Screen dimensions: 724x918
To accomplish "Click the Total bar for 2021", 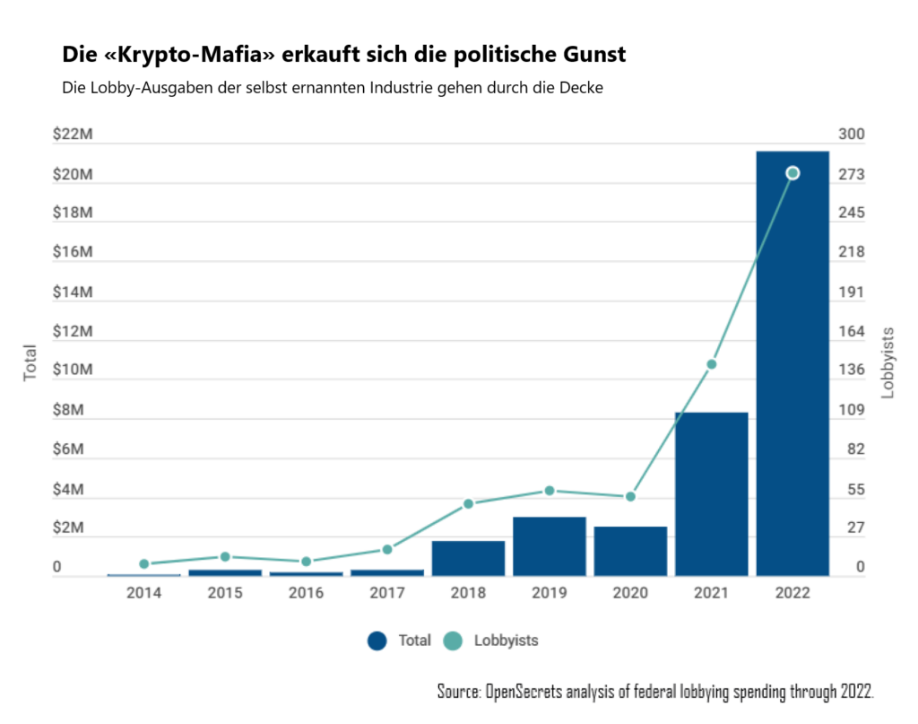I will (x=711, y=493).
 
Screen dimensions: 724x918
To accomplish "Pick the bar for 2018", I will (x=468, y=557).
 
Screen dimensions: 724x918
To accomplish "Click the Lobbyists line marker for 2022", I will (x=792, y=173).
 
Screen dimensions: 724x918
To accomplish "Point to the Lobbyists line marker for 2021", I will (x=711, y=364).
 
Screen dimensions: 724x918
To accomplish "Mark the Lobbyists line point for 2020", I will (x=630, y=496).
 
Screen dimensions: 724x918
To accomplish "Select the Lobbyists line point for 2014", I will (x=143, y=563).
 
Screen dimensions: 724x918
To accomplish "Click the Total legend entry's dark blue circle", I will (x=377, y=641).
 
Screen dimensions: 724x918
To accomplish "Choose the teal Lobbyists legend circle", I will (x=453, y=641).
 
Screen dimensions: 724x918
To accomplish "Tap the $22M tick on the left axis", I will (x=74, y=135).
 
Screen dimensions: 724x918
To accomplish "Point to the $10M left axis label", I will (x=74, y=371).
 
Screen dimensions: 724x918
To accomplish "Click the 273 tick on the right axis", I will (x=851, y=174).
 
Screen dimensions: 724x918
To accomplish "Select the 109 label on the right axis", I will (x=851, y=410).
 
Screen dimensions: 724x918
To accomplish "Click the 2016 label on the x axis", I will (x=306, y=593).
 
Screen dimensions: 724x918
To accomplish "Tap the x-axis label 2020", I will (x=630, y=593).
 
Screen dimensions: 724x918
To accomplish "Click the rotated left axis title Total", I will (x=30, y=362).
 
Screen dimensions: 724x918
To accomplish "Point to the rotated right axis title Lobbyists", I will (x=888, y=362).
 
